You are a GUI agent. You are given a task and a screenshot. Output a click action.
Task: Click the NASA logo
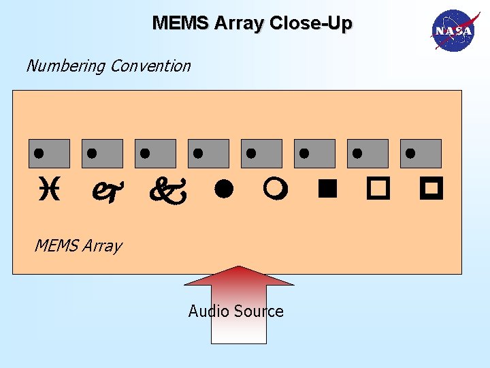click(x=452, y=31)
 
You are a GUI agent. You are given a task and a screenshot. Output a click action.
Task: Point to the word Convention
click(x=150, y=66)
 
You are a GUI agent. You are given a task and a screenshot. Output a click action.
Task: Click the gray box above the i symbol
click(x=49, y=153)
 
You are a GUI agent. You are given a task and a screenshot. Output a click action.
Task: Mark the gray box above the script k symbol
click(x=155, y=153)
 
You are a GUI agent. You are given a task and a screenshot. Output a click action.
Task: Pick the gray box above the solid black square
click(x=314, y=153)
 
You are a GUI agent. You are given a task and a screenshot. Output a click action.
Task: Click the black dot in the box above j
click(x=92, y=152)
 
